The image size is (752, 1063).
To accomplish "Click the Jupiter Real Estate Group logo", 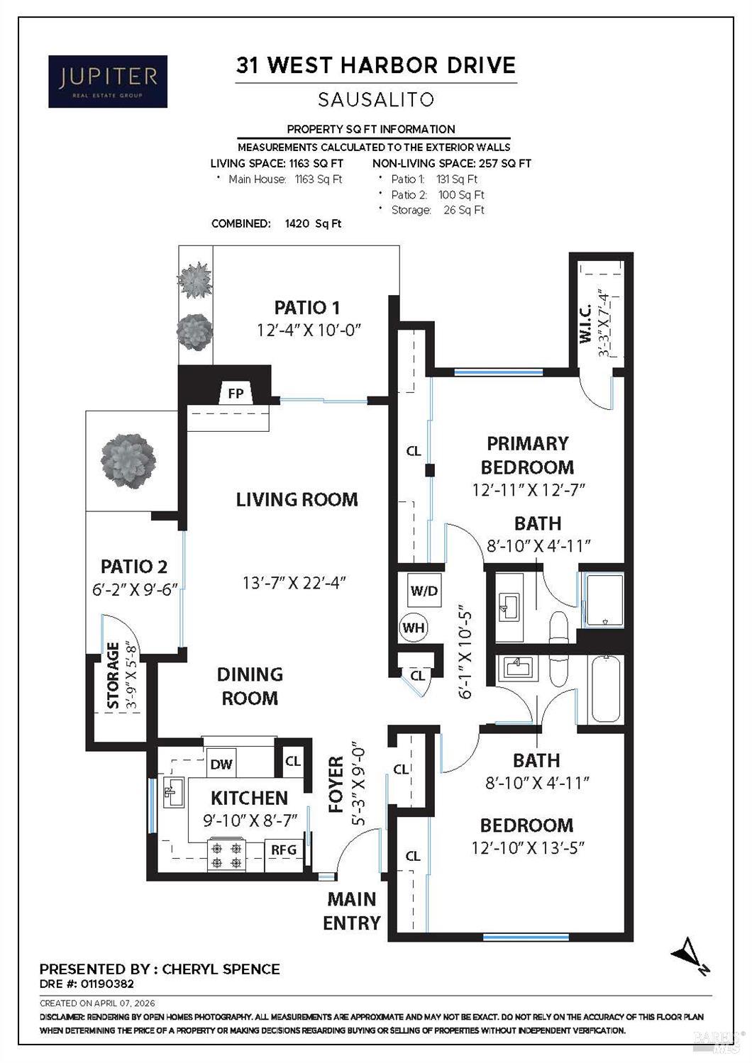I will click(x=108, y=82).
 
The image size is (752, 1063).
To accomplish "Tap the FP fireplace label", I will click(x=235, y=393).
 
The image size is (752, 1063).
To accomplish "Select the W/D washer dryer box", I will click(x=424, y=590).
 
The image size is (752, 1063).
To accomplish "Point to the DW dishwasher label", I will click(x=221, y=764).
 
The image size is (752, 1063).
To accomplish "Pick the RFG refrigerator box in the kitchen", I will click(x=284, y=850).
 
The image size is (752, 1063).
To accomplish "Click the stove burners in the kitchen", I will click(x=226, y=855).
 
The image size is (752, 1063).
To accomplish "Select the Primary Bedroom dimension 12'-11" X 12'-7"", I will click(x=528, y=490).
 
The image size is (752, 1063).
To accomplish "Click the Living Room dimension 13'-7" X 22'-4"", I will click(x=294, y=583).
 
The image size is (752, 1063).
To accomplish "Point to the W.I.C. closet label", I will click(x=586, y=325).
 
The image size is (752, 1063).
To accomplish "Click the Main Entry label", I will click(x=352, y=911).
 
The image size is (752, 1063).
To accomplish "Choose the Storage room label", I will click(x=113, y=676).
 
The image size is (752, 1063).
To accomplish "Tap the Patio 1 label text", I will click(x=306, y=307).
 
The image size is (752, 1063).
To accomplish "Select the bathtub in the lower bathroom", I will click(x=605, y=689).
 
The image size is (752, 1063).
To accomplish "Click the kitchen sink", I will click(x=173, y=791).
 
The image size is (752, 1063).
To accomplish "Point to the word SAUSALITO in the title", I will click(x=375, y=100).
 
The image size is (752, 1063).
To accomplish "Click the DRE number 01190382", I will click(x=106, y=984).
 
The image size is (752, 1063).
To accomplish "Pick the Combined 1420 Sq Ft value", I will click(x=312, y=223).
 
